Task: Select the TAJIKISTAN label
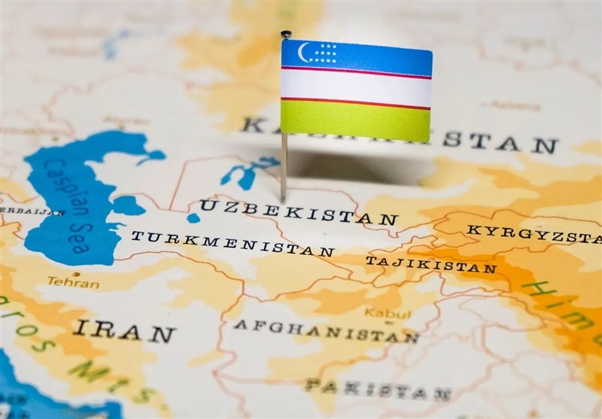tap(430, 264)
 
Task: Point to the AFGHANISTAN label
tap(325, 331)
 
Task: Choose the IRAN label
tap(124, 330)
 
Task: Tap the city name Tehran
tap(73, 282)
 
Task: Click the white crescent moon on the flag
tap(303, 52)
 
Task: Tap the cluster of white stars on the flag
tap(325, 53)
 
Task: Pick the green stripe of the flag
tap(355, 120)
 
